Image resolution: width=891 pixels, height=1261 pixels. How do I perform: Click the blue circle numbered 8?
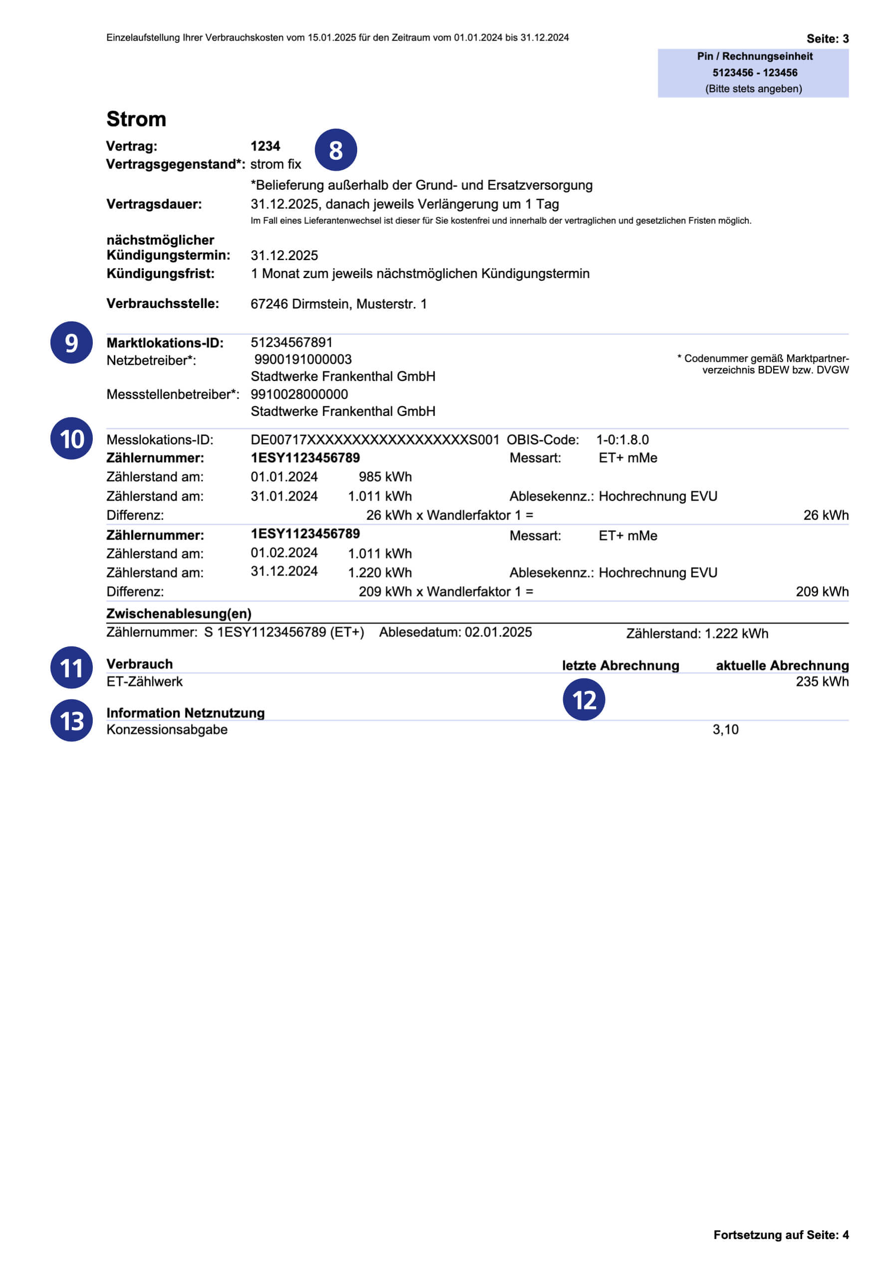click(335, 150)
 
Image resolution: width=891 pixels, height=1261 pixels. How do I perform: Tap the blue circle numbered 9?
click(71, 343)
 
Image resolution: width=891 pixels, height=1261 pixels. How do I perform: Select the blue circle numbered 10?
click(71, 439)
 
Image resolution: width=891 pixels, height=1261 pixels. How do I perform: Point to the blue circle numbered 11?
click(71, 668)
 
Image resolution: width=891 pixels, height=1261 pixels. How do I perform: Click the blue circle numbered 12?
click(584, 700)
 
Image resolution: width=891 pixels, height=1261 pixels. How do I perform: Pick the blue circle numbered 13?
click(71, 720)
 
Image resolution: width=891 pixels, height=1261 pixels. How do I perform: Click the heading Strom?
click(136, 119)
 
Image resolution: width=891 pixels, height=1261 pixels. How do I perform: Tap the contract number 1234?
click(265, 146)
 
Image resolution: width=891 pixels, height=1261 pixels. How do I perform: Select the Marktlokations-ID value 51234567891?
click(291, 343)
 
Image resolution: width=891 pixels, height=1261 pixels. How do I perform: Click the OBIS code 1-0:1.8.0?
click(622, 440)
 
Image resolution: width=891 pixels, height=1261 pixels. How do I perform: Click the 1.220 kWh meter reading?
click(379, 572)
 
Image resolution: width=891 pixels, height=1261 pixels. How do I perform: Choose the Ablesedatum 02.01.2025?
click(498, 632)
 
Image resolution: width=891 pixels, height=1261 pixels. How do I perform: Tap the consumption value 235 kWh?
click(822, 681)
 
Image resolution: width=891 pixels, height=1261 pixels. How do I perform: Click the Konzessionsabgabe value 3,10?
click(725, 729)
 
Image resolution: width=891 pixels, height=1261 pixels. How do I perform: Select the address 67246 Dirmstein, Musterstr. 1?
click(338, 304)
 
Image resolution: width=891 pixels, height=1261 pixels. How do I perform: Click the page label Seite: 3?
click(827, 38)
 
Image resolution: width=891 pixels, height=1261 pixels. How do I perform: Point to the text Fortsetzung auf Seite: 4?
click(781, 1235)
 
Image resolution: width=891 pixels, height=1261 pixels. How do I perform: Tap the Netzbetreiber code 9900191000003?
click(302, 360)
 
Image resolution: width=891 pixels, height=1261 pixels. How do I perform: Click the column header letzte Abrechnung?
click(620, 665)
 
